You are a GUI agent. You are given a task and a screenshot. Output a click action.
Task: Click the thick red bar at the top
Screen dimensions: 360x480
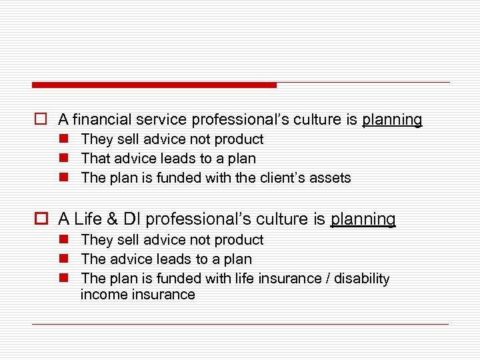(154, 85)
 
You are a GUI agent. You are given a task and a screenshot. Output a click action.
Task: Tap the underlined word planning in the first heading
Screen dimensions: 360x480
(392, 120)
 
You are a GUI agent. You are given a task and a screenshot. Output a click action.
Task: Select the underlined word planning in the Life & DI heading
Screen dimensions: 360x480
(363, 219)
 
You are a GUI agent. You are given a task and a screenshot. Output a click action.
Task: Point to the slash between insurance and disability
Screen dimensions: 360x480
(327, 279)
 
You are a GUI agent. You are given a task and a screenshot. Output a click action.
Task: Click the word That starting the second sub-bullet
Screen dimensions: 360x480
(95, 159)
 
